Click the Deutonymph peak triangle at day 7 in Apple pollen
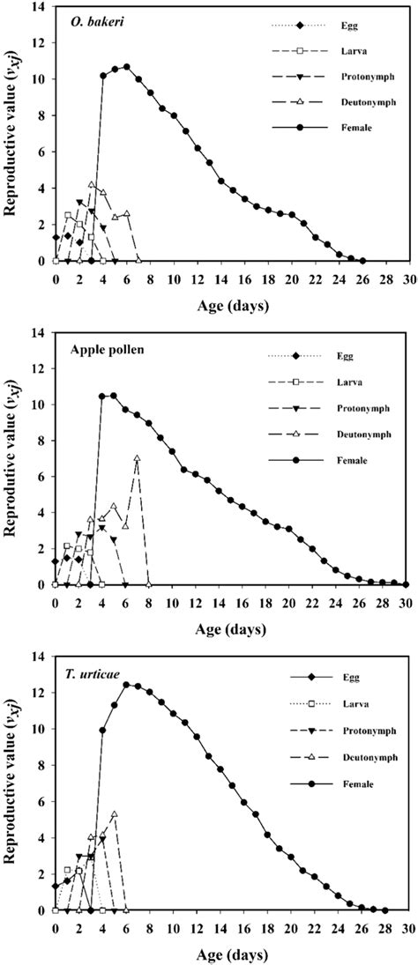[138, 458]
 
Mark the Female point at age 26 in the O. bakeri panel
[362, 261]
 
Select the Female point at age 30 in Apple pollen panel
[406, 584]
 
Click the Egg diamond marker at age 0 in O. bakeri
[56, 237]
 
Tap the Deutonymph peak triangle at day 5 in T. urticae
[114, 815]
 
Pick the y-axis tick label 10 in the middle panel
[39, 405]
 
